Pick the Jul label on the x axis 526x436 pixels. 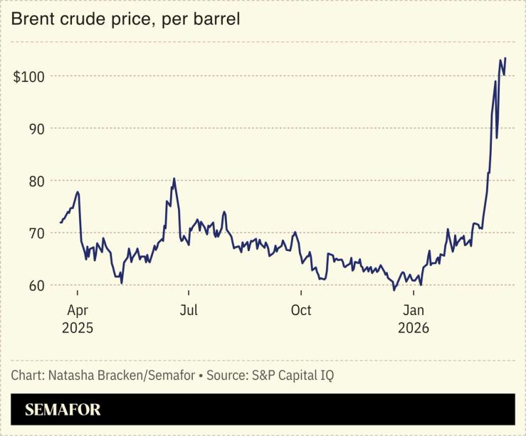tap(188, 311)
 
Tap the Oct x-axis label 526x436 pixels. tap(301, 311)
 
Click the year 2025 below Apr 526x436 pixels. tap(78, 329)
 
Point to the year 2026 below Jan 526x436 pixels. tap(414, 329)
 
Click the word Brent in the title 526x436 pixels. tap(31, 19)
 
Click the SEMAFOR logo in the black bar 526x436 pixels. tap(63, 410)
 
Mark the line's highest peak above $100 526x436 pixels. tap(505, 58)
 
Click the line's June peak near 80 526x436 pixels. tap(174, 179)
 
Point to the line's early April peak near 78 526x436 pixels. tap(78, 192)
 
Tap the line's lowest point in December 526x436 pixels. tap(394, 290)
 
